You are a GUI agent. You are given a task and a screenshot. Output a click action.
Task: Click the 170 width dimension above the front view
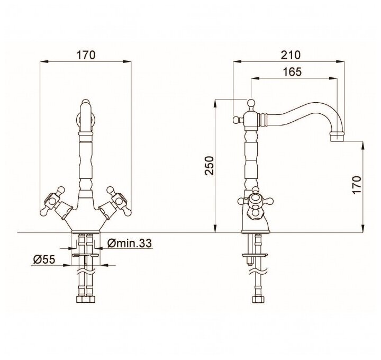[x=86, y=55]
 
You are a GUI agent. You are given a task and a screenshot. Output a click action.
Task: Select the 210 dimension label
[x=291, y=55]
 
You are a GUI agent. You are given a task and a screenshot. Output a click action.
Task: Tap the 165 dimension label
[x=292, y=71]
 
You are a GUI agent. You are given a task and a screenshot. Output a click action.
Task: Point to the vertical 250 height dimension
[x=209, y=166]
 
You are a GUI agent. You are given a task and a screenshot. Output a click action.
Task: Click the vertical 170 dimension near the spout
[x=357, y=185]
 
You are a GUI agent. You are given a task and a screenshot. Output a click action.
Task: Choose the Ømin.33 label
[x=129, y=243]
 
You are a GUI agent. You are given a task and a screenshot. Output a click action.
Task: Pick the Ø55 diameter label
[x=44, y=259]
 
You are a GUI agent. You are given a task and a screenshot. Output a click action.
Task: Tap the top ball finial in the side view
[x=251, y=103]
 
